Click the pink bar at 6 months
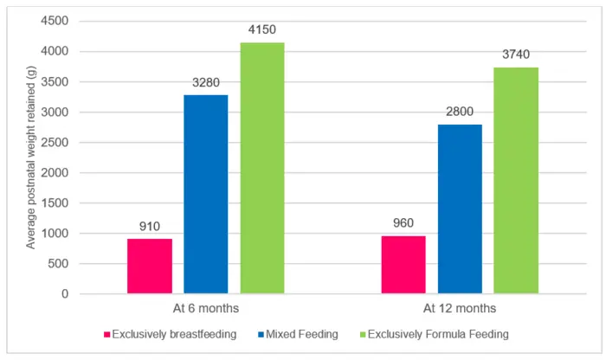[150, 266]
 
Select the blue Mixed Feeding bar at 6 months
[206, 194]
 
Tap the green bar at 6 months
[262, 168]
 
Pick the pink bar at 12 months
[403, 265]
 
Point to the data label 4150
[262, 30]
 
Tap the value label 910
[150, 227]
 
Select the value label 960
[403, 223]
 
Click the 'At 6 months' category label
[206, 309]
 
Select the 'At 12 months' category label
[460, 309]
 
